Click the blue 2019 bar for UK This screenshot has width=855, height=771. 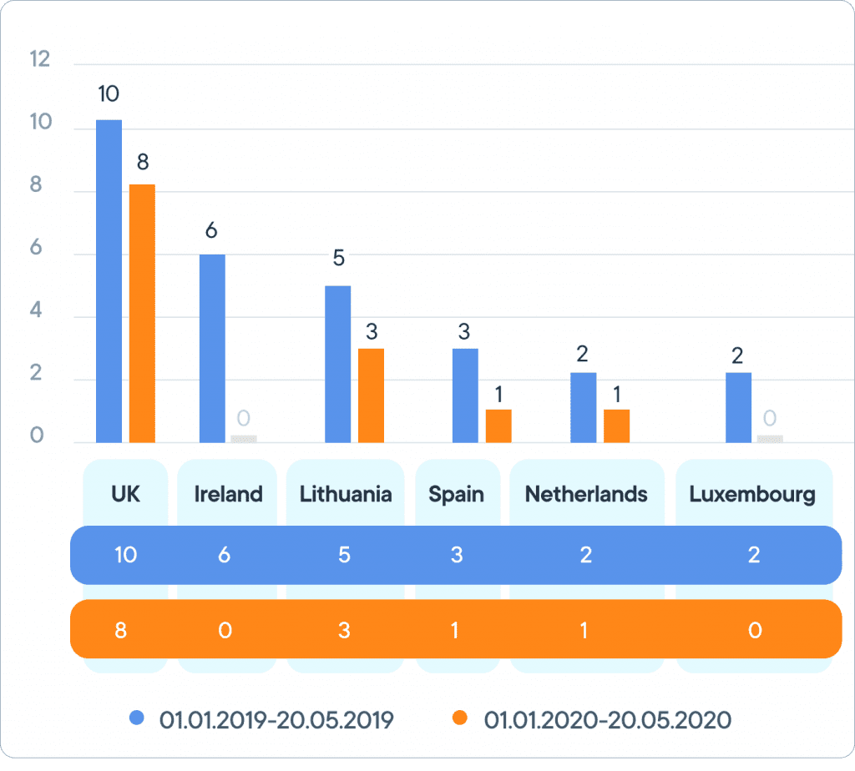tap(109, 281)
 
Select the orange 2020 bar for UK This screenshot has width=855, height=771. tap(142, 313)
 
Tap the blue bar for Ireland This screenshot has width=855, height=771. tap(212, 348)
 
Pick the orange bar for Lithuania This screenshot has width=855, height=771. tap(371, 396)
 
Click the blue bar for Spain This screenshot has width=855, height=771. tap(465, 396)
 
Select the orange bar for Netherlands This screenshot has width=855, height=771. tap(616, 426)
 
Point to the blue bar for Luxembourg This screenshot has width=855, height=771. tap(738, 407)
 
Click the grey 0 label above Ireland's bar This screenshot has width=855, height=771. tap(244, 418)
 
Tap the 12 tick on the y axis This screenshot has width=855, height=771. tap(39, 59)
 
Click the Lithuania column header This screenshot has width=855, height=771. tap(346, 494)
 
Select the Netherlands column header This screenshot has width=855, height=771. tap(586, 494)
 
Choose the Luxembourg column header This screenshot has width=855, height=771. tap(752, 494)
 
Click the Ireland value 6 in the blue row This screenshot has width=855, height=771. tap(225, 555)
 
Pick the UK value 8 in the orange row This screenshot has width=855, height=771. tap(121, 630)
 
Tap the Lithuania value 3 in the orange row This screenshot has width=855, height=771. tap(344, 630)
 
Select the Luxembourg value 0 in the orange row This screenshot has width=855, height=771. tap(755, 630)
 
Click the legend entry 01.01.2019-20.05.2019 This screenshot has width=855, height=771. tap(276, 719)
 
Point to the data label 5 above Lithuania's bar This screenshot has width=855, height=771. tap(338, 258)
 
